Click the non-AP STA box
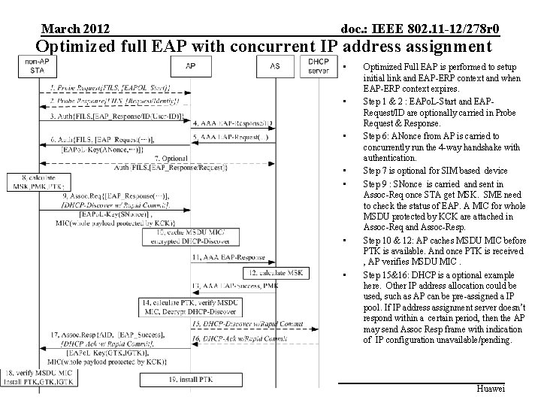coord(32,65)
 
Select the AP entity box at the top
coord(191,66)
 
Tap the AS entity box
coord(275,66)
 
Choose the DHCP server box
coord(319,65)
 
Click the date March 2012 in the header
coord(75,29)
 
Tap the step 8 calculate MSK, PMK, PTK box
coord(32,181)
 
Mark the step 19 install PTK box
coord(192,380)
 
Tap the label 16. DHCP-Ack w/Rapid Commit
coord(234,340)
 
